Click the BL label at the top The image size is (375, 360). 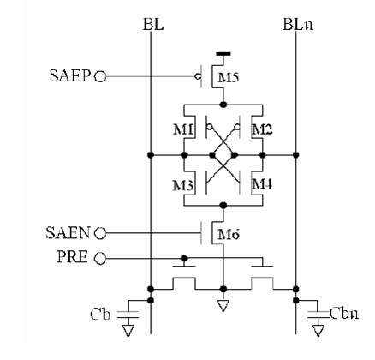click(x=153, y=25)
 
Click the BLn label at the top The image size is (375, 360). click(x=298, y=25)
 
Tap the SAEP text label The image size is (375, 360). click(x=70, y=76)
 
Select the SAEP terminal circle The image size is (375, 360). click(x=100, y=76)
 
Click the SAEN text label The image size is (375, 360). click(x=68, y=233)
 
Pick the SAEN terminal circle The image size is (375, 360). click(x=100, y=233)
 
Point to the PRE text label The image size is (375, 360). click(x=73, y=256)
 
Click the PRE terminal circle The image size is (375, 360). click(x=100, y=259)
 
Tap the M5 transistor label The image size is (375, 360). click(x=229, y=78)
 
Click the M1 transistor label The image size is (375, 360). click(x=184, y=130)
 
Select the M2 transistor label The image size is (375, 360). click(x=262, y=130)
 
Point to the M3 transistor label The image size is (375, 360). click(x=183, y=186)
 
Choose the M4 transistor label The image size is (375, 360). click(x=262, y=184)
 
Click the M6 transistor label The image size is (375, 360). click(x=229, y=235)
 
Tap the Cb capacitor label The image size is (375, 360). click(x=100, y=315)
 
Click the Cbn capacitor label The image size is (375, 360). click(x=344, y=314)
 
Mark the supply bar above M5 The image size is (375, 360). click(x=223, y=53)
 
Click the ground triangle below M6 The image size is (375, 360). click(x=223, y=306)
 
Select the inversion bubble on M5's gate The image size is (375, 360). click(x=197, y=76)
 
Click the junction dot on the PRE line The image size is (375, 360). click(x=184, y=259)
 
